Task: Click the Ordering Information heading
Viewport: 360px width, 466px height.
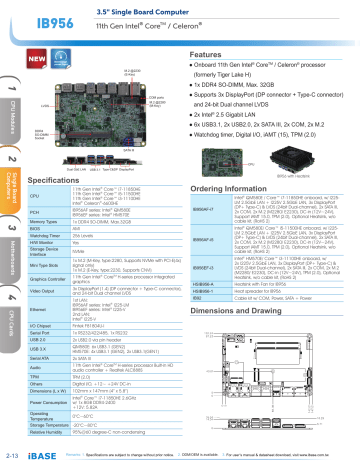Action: point(229,166)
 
